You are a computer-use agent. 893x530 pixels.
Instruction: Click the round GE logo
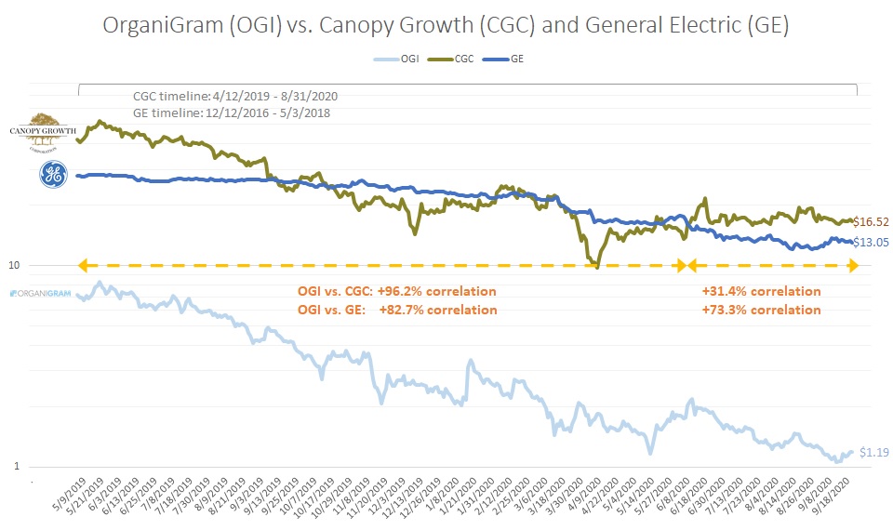(52, 174)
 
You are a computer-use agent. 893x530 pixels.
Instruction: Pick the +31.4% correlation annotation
(761, 291)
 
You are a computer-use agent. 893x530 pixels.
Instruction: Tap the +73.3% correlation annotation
(761, 310)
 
